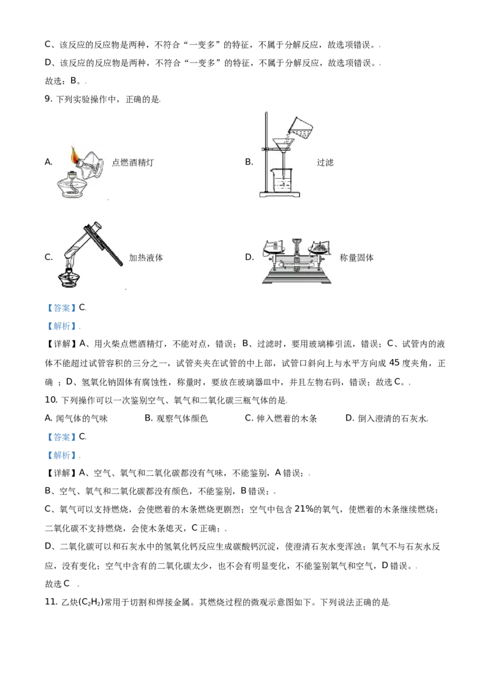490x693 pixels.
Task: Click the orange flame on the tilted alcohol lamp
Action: coord(75,155)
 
